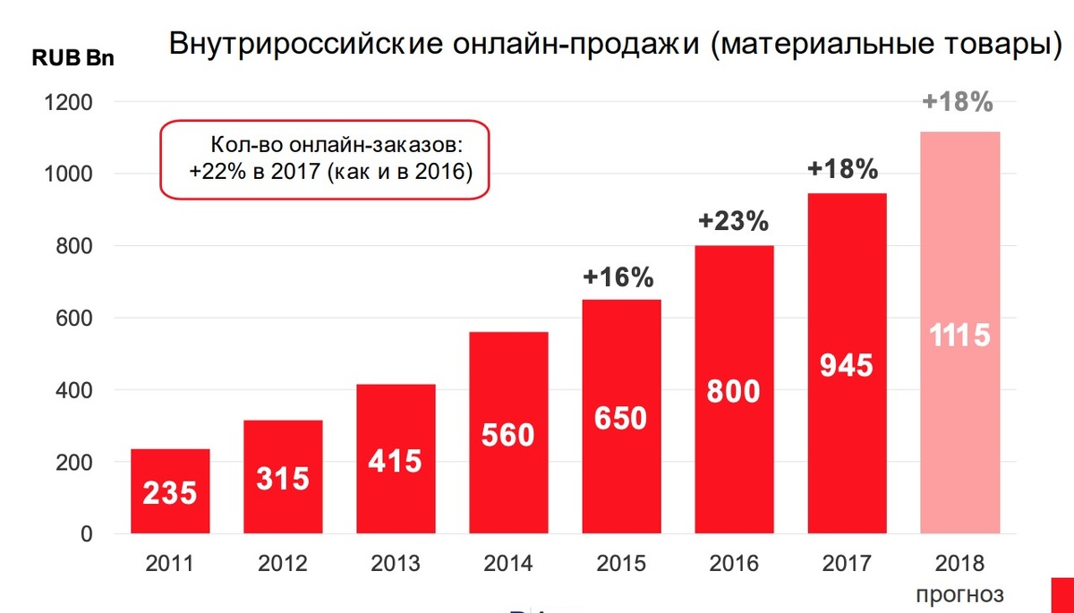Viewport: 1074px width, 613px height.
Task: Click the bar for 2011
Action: (x=170, y=491)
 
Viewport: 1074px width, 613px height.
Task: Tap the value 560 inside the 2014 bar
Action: (x=507, y=435)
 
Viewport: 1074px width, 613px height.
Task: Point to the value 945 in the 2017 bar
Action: (x=847, y=365)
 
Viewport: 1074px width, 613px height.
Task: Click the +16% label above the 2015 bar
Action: (x=618, y=277)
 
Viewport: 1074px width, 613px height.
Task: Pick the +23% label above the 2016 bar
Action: (x=734, y=222)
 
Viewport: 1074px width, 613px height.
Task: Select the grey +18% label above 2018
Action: (x=958, y=102)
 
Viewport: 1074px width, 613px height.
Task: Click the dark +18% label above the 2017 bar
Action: (x=843, y=169)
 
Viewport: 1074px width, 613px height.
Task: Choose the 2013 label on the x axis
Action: (x=396, y=564)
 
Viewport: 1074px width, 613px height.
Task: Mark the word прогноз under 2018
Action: (x=959, y=593)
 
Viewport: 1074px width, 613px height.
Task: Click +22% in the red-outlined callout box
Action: (x=209, y=172)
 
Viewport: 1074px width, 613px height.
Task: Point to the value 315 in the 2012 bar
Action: (x=283, y=478)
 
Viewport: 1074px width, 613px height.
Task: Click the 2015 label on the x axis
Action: (x=622, y=564)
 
